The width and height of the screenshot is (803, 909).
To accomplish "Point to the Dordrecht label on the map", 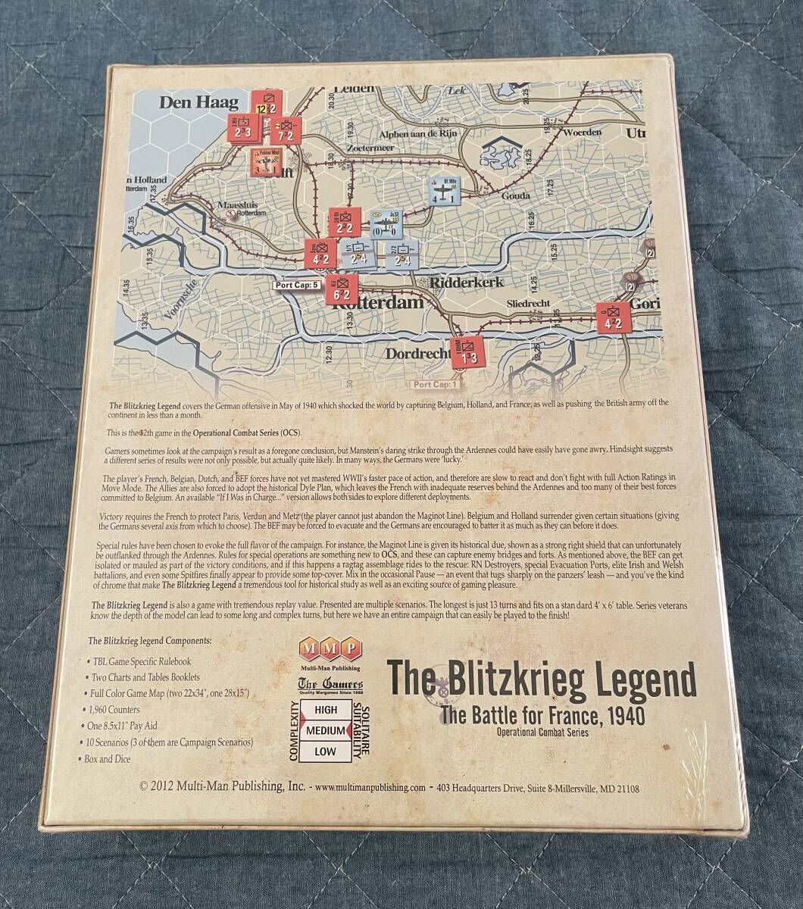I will pyautogui.click(x=417, y=353).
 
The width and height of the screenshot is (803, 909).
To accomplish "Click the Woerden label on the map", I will pyautogui.click(x=582, y=133).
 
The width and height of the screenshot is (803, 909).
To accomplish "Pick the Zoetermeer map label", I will pyautogui.click(x=371, y=148).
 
